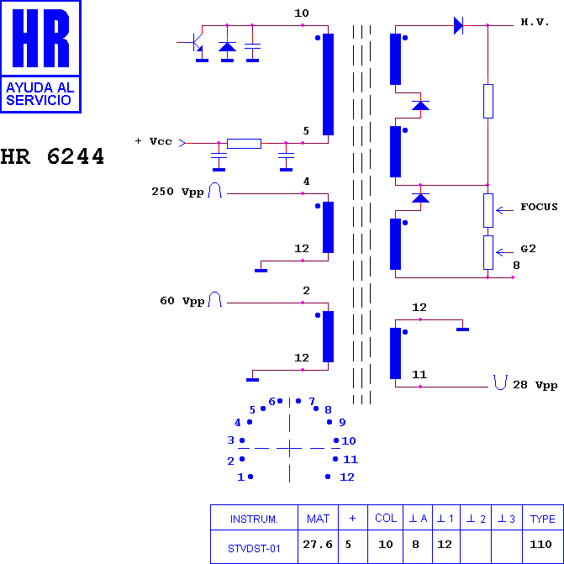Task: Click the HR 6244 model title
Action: coord(52,156)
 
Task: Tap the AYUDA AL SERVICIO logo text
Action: coord(40,93)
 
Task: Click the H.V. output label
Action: coord(535,22)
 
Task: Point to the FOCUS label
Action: coord(539,207)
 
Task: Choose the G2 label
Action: coord(528,249)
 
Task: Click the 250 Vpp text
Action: coord(177,192)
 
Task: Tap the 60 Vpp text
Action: coord(182,301)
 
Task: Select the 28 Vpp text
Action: coord(535,385)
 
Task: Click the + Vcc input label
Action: coord(154,141)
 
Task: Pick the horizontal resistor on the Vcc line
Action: coord(244,144)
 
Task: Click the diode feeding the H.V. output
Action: coord(458,25)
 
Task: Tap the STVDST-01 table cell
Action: coord(254,549)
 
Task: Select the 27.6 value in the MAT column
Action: coord(318,544)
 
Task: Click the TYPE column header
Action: coord(542,519)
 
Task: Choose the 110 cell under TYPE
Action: coord(540,544)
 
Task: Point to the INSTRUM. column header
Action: coord(254,519)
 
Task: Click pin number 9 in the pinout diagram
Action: coord(342,422)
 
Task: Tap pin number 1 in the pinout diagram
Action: coord(240,477)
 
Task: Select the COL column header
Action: coord(386,518)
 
